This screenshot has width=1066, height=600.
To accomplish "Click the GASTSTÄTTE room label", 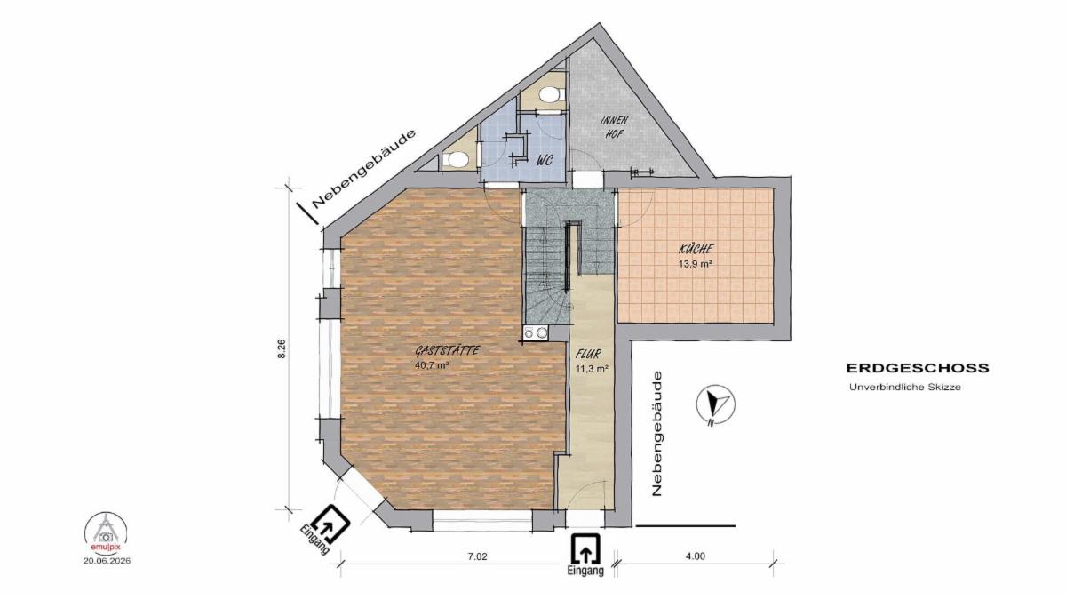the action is pyautogui.click(x=447, y=351).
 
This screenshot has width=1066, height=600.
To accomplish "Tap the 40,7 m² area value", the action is pyautogui.click(x=433, y=365).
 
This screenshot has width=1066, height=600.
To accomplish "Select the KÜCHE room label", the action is pyautogui.click(x=696, y=249).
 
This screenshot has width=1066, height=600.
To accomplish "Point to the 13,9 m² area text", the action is pyautogui.click(x=696, y=264).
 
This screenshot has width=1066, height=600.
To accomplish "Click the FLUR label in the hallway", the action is pyautogui.click(x=588, y=354).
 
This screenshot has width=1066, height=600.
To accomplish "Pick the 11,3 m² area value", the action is pyautogui.click(x=593, y=368).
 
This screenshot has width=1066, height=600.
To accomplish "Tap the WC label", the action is pyautogui.click(x=545, y=161).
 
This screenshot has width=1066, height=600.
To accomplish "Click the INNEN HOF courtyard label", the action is pyautogui.click(x=615, y=126).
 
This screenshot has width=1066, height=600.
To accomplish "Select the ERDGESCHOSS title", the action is pyautogui.click(x=918, y=369).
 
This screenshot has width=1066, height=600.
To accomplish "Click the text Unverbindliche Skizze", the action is pyautogui.click(x=904, y=388).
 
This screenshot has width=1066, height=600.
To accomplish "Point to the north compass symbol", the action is pyautogui.click(x=715, y=404).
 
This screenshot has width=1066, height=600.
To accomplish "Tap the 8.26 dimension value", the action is pyautogui.click(x=282, y=348).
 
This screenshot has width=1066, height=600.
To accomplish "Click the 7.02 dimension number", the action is pyautogui.click(x=478, y=556).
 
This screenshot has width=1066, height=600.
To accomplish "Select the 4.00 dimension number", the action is pyautogui.click(x=696, y=556).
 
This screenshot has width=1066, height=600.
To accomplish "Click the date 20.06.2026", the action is pyautogui.click(x=107, y=561).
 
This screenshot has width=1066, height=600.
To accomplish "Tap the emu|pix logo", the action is pyautogui.click(x=106, y=532).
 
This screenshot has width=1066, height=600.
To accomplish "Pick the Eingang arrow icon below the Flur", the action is pyautogui.click(x=585, y=550).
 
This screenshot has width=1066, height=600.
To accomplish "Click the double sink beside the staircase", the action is pyautogui.click(x=536, y=332).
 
